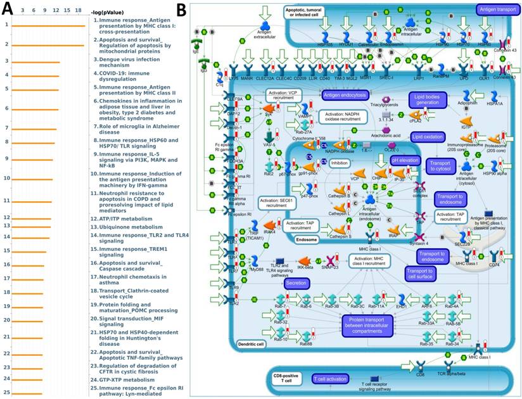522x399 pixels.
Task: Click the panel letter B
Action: click(181, 10)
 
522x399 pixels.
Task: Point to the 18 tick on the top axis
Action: click(77, 11)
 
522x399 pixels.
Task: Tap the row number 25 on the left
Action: click(6, 393)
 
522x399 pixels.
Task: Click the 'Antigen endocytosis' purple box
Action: click(345, 95)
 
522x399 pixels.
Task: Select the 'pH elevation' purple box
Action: click(405, 161)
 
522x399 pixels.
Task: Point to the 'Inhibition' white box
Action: click(340, 163)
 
